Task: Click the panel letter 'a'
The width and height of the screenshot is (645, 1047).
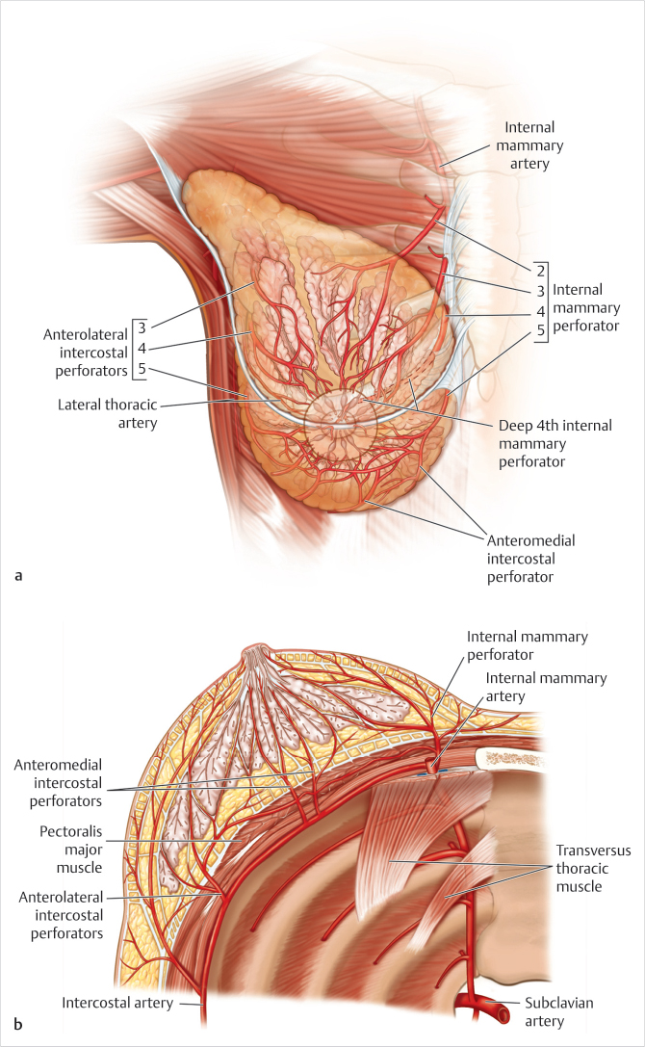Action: click(x=18, y=577)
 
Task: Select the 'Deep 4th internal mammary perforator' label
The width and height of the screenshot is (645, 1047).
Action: click(x=555, y=442)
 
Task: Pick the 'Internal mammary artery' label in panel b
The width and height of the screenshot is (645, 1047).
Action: click(x=546, y=687)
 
